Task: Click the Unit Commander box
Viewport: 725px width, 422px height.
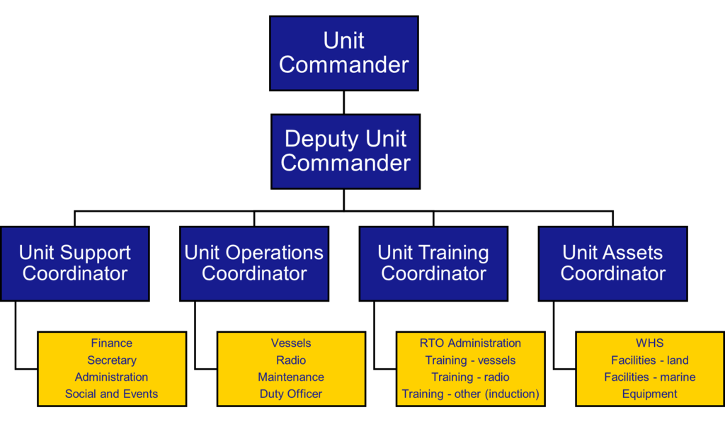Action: (344, 53)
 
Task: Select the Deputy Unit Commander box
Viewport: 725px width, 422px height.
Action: (346, 152)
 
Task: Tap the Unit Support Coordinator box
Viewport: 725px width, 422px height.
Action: (75, 263)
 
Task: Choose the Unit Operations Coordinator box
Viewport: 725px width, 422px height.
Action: (254, 263)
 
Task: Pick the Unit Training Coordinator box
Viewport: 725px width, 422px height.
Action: (433, 263)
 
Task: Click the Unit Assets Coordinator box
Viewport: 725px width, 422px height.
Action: (612, 263)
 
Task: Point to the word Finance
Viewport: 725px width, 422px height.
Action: (111, 343)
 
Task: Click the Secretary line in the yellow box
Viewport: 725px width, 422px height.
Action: (112, 360)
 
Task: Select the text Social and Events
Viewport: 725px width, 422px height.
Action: (111, 394)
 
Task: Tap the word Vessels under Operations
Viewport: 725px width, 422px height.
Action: (291, 343)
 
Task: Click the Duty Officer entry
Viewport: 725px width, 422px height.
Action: (291, 394)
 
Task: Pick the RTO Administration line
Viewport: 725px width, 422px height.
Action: (470, 343)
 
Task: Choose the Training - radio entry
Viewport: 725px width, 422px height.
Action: (470, 377)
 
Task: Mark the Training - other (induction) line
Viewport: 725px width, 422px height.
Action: (470, 394)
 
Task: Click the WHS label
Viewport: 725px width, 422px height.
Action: (650, 343)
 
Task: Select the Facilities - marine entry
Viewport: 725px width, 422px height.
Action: (650, 377)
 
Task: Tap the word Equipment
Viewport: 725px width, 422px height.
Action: (650, 394)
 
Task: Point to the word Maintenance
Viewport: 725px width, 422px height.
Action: (291, 377)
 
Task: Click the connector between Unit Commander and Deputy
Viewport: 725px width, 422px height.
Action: (344, 103)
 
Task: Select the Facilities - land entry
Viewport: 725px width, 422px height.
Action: (650, 360)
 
